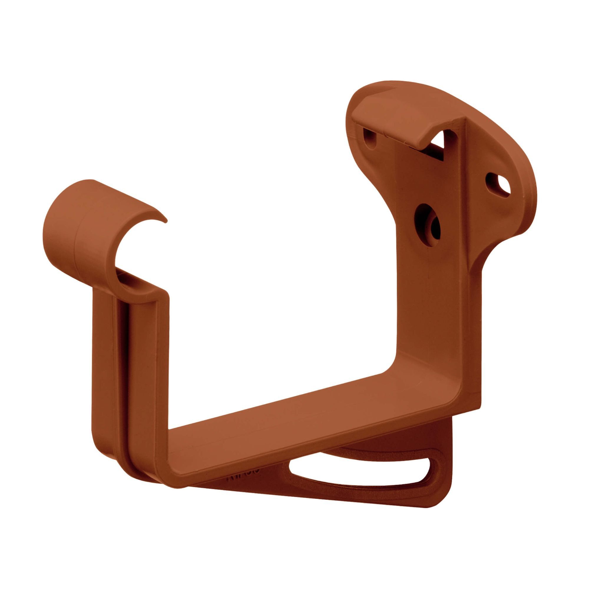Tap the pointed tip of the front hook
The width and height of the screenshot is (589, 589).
(x=166, y=220)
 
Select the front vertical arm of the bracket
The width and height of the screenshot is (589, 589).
(x=143, y=381)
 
